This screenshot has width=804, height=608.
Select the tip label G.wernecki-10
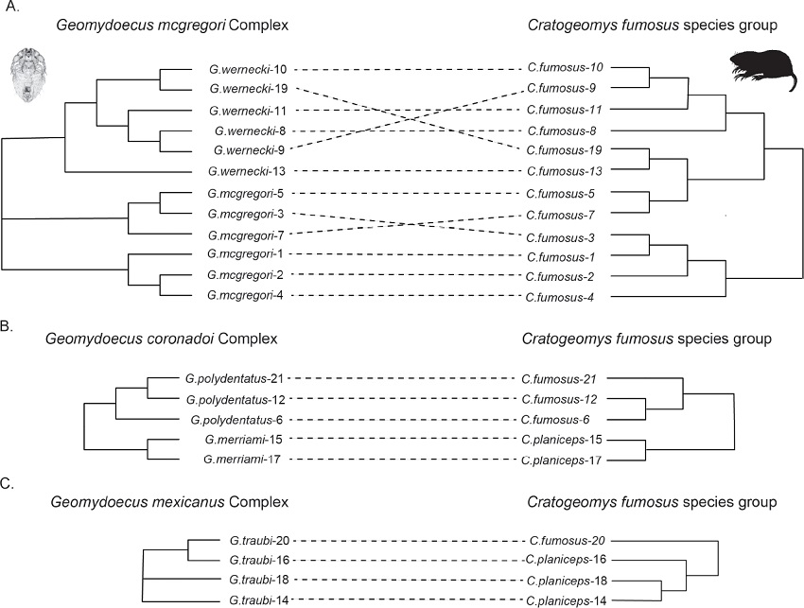click(240, 69)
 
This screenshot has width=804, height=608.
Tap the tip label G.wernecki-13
click(240, 171)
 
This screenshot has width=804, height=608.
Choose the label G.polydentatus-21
click(236, 379)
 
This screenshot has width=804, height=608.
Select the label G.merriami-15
click(237, 440)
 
